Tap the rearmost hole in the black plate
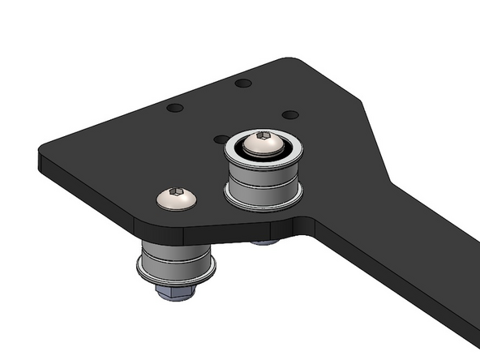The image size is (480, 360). coord(242,83)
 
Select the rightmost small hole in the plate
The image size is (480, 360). coord(291,115)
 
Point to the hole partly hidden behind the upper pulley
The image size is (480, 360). coord(220,139)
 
